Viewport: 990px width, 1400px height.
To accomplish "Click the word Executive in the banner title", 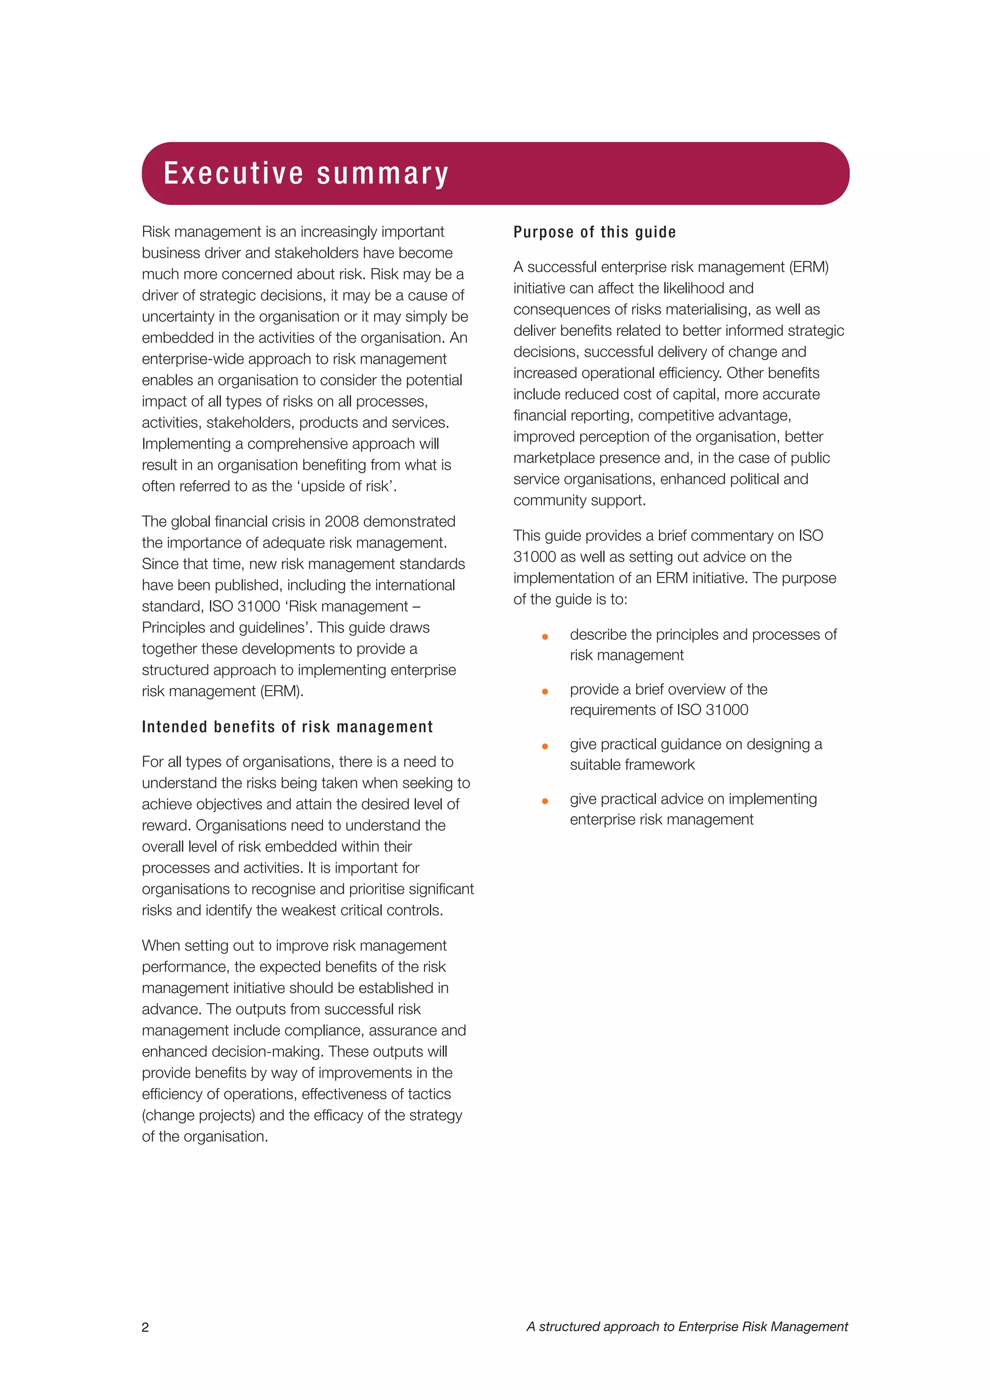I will [x=233, y=173].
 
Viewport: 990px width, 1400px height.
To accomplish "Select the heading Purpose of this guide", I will [x=595, y=233].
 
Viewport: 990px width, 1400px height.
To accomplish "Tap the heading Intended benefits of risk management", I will [x=287, y=727].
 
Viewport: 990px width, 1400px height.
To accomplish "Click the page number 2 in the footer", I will [x=145, y=1327].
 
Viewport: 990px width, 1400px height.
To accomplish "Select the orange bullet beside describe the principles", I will [x=545, y=637].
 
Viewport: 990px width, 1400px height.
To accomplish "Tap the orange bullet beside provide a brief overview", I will [x=545, y=691].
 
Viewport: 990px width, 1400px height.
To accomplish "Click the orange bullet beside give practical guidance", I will [x=545, y=746].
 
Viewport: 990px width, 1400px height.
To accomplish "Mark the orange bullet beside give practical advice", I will [x=545, y=801].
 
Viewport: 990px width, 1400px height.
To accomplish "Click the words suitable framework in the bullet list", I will [x=632, y=765].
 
